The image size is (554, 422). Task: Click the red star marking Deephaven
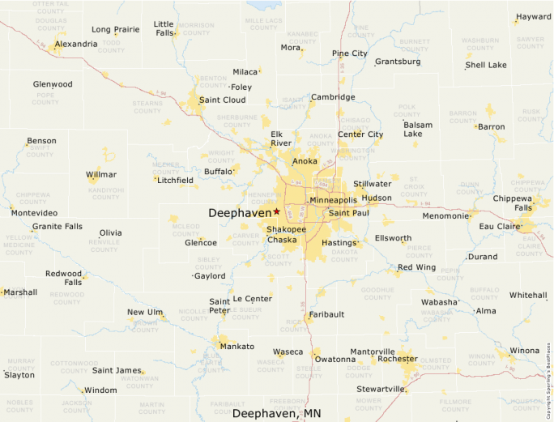(x=276, y=211)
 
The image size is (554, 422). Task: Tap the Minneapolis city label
(x=333, y=200)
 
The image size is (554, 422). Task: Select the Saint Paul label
(x=348, y=213)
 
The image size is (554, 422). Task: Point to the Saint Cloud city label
(x=222, y=100)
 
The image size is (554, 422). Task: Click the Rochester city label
(x=398, y=358)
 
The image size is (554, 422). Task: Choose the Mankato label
(x=237, y=347)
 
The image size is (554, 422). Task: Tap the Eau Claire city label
(x=499, y=227)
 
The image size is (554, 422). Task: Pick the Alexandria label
(x=76, y=44)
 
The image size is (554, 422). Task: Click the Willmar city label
(x=101, y=175)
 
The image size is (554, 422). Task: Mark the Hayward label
(x=534, y=16)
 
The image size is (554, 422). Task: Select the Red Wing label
(x=416, y=267)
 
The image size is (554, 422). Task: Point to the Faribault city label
(x=326, y=314)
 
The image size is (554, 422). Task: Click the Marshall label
(x=20, y=292)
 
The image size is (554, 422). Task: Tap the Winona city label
(x=524, y=351)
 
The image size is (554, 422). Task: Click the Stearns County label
(x=147, y=107)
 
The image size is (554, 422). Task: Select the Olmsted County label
(x=436, y=362)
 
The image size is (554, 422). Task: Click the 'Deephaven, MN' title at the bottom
(x=276, y=413)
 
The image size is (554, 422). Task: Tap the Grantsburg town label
(x=398, y=62)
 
